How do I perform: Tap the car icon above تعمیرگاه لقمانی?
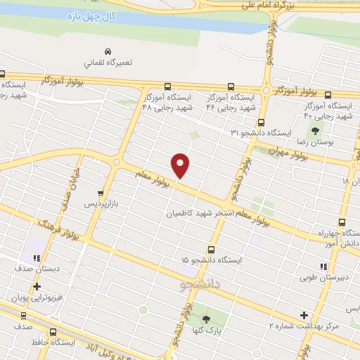[x=108, y=52]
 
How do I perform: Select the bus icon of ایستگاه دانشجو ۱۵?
[x=212, y=249]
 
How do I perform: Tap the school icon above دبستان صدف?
[x=37, y=258]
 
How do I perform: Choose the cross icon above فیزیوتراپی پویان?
[x=37, y=287]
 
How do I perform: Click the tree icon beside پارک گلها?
[x=205, y=319]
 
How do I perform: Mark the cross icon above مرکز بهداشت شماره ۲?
[x=304, y=315]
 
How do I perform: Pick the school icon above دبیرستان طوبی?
[x=323, y=266]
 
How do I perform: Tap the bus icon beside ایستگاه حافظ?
[x=53, y=332]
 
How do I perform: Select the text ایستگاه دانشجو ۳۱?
[x=262, y=132]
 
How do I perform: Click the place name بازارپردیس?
[x=100, y=204]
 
